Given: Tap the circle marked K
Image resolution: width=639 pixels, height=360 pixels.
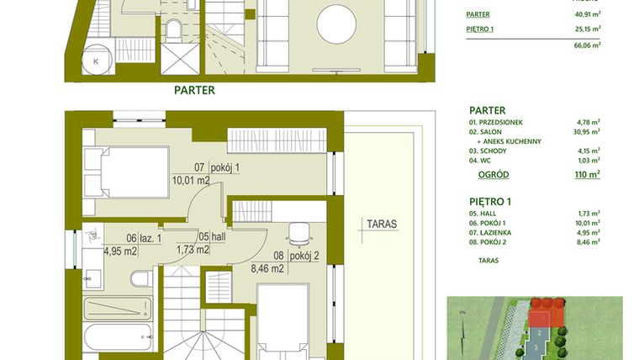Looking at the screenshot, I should pyautogui.click(x=96, y=61).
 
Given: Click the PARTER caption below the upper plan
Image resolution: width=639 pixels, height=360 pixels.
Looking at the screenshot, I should pyautogui.click(x=194, y=90).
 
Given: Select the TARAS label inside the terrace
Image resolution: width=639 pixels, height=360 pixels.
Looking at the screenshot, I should pyautogui.click(x=381, y=225).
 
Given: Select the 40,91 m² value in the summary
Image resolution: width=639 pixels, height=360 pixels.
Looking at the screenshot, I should pyautogui.click(x=585, y=13).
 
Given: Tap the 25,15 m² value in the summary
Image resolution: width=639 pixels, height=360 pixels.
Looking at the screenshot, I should pyautogui.click(x=585, y=29).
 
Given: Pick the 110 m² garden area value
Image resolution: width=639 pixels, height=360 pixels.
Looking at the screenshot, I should pyautogui.click(x=587, y=174).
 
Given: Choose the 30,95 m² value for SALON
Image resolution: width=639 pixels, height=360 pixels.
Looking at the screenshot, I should pyautogui.click(x=585, y=132).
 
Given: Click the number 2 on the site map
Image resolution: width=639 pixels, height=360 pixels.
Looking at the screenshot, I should pyautogui.click(x=538, y=332).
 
